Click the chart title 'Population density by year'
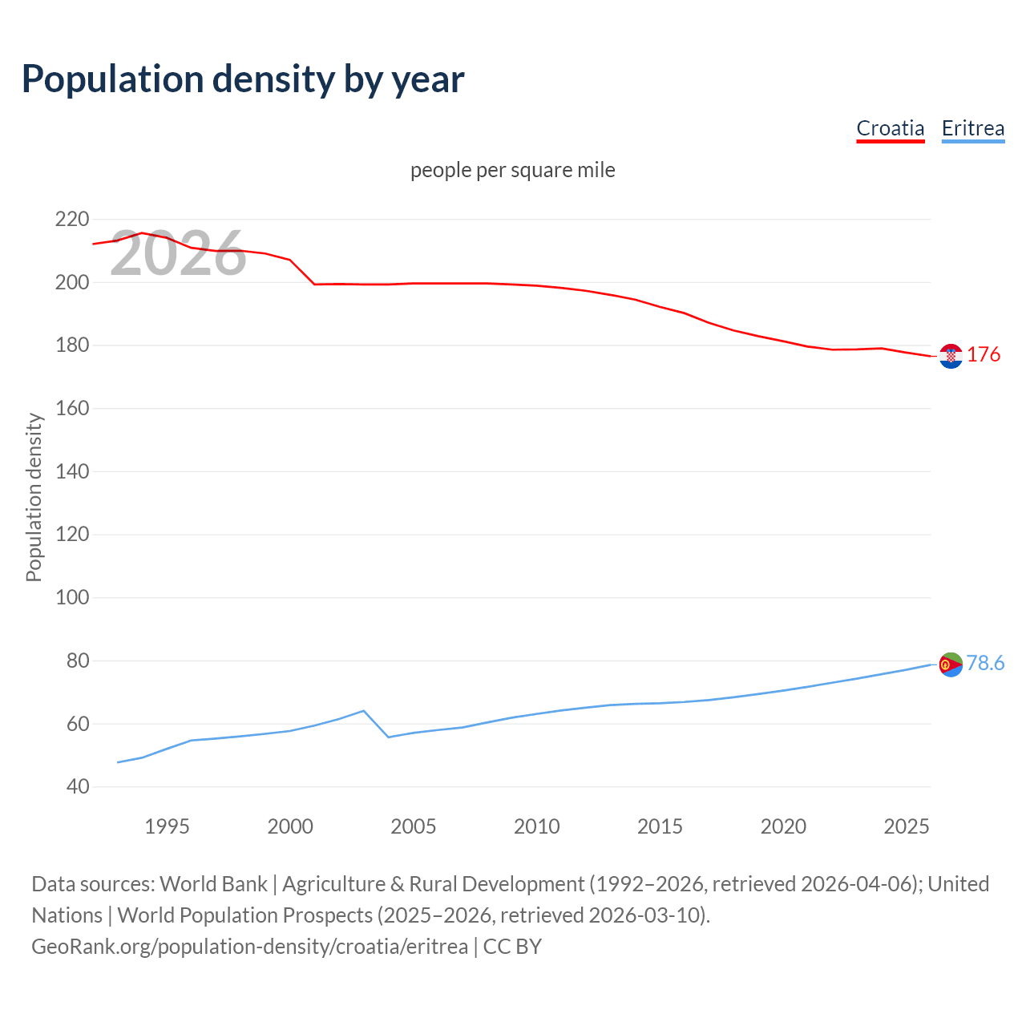(x=243, y=79)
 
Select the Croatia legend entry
(x=890, y=128)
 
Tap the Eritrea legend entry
(x=972, y=128)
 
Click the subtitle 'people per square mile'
(x=512, y=170)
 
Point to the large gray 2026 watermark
(x=178, y=254)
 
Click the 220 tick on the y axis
(x=72, y=219)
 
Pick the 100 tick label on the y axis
(x=72, y=597)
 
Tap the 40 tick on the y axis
(x=78, y=786)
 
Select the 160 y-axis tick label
(x=72, y=408)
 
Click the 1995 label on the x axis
(x=167, y=826)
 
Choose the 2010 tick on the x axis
(x=536, y=826)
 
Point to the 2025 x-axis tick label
(x=906, y=826)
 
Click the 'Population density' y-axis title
(x=34, y=497)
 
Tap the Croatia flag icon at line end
(x=951, y=356)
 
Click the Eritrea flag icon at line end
(x=951, y=664)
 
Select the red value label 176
(x=984, y=354)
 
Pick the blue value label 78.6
(x=985, y=663)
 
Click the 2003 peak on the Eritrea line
(x=364, y=711)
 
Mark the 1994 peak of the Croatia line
(x=142, y=233)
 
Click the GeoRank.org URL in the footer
(x=249, y=947)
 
